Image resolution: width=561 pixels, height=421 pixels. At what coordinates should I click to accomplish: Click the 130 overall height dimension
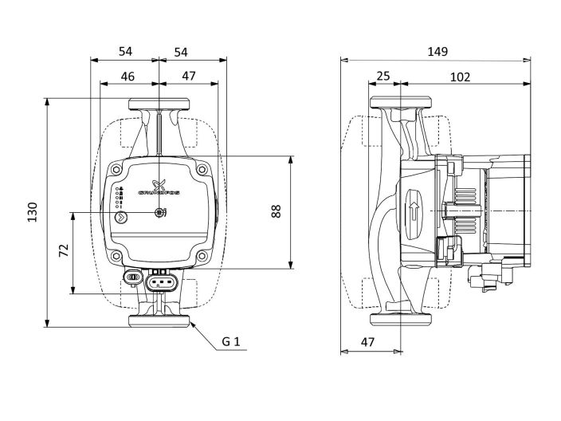pyautogui.click(x=33, y=212)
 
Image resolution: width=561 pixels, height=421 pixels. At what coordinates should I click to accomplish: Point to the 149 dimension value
pyautogui.click(x=437, y=51)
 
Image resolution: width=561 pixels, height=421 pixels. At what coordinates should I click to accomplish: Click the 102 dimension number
pyautogui.click(x=460, y=77)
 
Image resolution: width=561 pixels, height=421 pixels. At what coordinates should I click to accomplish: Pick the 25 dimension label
pyautogui.click(x=383, y=77)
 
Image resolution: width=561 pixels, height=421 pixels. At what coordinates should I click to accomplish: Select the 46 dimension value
pyautogui.click(x=127, y=77)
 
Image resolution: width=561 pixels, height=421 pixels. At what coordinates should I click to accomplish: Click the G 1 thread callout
pyautogui.click(x=231, y=343)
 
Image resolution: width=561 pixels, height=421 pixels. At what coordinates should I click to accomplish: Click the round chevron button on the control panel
pyautogui.click(x=120, y=216)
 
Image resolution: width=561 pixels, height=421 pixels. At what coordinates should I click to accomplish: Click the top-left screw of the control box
pyautogui.click(x=117, y=169)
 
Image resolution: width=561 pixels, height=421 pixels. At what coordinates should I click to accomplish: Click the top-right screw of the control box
pyautogui.click(x=202, y=169)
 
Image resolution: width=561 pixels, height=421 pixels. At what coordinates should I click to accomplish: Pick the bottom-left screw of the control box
pyautogui.click(x=117, y=257)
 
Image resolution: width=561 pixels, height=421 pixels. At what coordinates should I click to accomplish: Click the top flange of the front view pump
pyautogui.click(x=159, y=104)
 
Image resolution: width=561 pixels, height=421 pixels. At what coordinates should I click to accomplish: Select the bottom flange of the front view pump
pyautogui.click(x=159, y=321)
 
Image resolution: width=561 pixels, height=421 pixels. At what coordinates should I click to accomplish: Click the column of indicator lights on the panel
pyautogui.click(x=119, y=195)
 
